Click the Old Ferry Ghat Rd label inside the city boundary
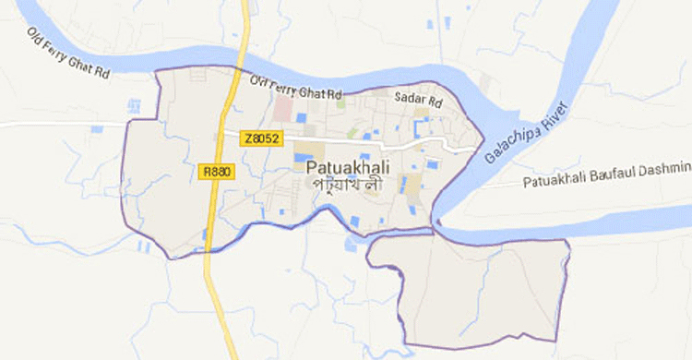(x=295, y=88)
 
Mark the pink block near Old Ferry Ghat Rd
(x=282, y=109)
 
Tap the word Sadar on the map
(x=407, y=97)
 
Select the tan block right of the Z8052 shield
(x=314, y=149)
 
